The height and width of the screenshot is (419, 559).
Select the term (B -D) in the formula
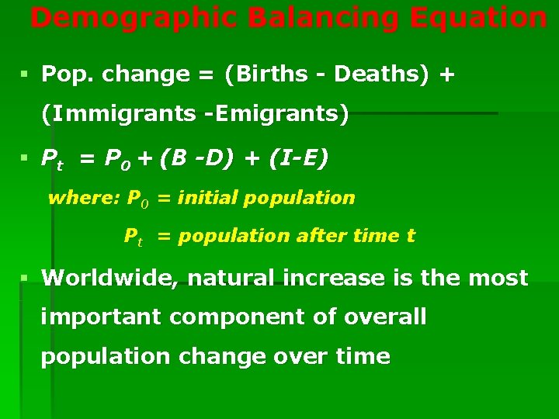coord(200,158)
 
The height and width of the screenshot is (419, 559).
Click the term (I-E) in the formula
coord(299,158)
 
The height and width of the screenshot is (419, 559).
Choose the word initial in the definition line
coord(207,198)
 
